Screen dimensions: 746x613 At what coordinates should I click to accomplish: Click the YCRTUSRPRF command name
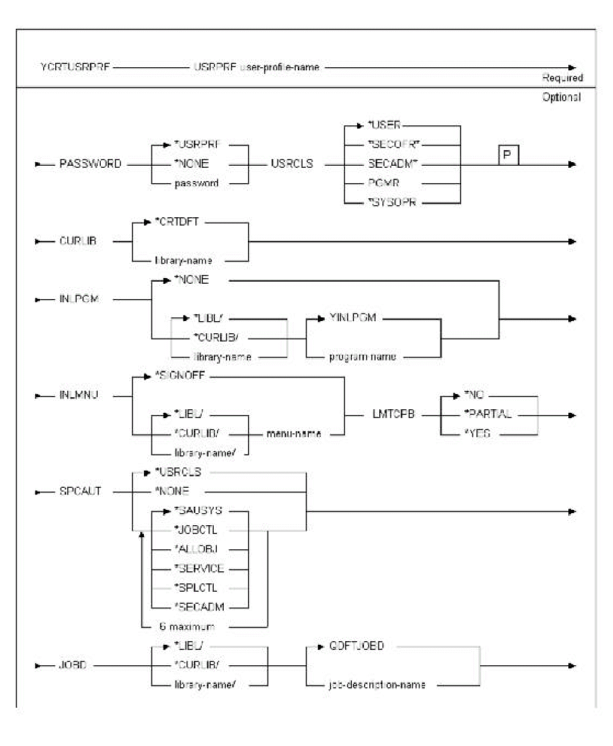click(75, 68)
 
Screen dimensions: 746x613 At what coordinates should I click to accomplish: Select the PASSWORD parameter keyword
click(90, 164)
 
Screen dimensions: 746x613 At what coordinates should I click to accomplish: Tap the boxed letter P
click(508, 155)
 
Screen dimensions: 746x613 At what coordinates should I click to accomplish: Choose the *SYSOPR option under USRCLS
click(392, 203)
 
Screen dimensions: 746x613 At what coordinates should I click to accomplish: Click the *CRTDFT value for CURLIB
click(180, 222)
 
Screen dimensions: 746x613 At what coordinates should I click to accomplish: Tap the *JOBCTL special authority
click(195, 530)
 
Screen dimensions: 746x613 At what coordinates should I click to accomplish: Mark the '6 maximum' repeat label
click(186, 626)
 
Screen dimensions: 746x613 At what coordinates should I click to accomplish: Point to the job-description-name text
click(377, 685)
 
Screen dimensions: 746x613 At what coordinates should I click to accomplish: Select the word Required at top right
click(563, 78)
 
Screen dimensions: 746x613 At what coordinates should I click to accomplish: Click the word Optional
click(562, 97)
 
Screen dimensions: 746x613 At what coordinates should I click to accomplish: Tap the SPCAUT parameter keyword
click(80, 492)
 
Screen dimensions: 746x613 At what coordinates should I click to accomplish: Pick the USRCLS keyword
click(292, 164)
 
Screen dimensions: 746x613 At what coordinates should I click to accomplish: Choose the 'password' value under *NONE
click(196, 184)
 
